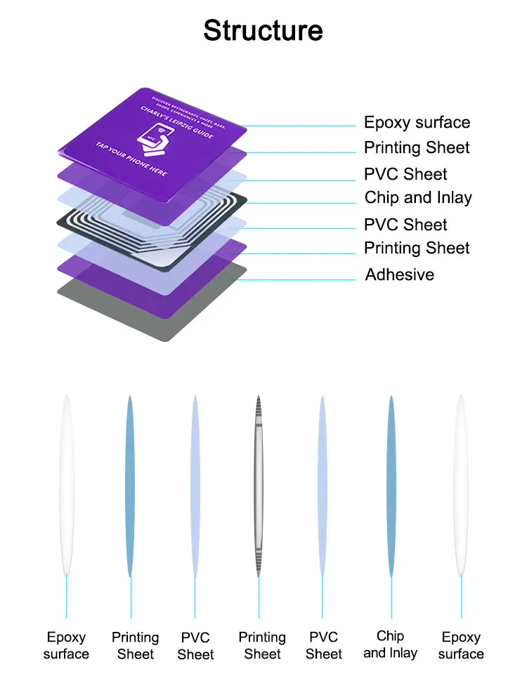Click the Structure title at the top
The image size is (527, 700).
[263, 31]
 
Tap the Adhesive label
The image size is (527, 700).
[399, 275]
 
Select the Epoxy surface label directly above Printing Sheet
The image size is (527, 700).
[417, 123]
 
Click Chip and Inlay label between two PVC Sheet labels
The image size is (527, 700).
[418, 198]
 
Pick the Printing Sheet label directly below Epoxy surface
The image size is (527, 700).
[417, 148]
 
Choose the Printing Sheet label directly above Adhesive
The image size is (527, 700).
[417, 248]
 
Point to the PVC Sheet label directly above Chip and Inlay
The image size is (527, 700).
[405, 174]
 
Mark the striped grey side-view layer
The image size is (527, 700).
[259, 484]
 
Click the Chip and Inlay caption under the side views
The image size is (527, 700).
[390, 645]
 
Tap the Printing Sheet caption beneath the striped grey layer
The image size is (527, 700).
[262, 645]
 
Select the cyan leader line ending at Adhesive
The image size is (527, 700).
[302, 279]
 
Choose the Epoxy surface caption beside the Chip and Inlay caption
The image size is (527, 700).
[460, 645]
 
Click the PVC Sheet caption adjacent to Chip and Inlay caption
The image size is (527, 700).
[323, 645]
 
